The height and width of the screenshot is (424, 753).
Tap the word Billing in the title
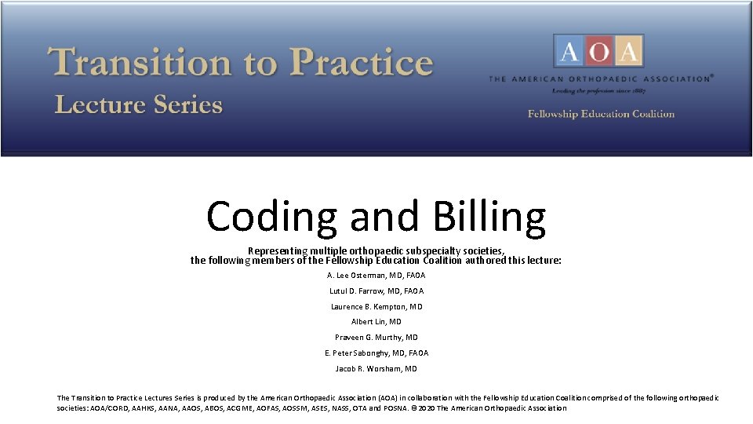click(x=478, y=217)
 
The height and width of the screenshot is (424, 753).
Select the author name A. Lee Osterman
click(x=363, y=276)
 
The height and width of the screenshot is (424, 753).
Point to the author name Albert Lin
click(x=369, y=322)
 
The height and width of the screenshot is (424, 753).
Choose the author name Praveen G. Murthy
click(x=369, y=338)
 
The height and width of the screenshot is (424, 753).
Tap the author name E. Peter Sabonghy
click(x=366, y=353)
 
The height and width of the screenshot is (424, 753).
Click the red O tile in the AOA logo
click(x=599, y=52)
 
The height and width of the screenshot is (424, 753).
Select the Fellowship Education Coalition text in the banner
click(x=601, y=115)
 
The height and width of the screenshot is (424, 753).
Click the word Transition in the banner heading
click(x=141, y=63)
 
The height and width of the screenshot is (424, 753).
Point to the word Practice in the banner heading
click(x=360, y=63)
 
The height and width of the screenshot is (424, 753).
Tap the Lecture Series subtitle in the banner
click(x=139, y=105)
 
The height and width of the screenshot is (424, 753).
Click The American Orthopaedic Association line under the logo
click(x=601, y=79)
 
